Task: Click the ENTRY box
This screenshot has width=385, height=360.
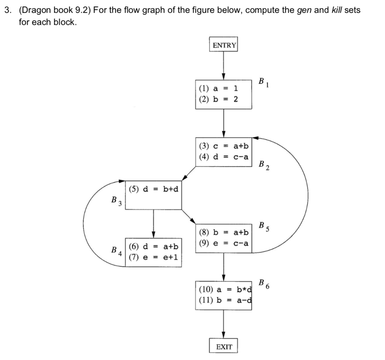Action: (224, 45)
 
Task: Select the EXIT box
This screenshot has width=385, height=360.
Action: (224, 346)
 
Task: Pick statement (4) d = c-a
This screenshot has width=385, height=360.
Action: (223, 156)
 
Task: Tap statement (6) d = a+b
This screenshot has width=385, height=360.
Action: (153, 247)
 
